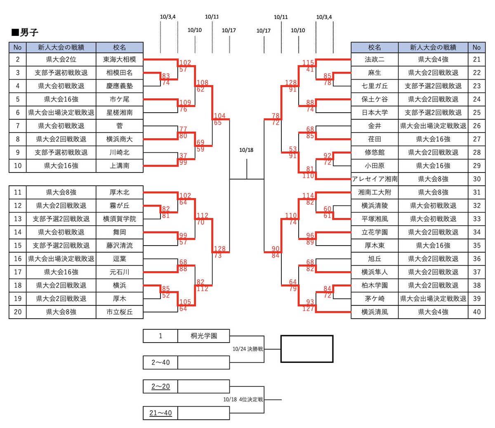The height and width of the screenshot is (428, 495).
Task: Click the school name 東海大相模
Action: [x=119, y=59]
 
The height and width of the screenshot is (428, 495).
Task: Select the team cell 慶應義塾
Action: [x=119, y=86]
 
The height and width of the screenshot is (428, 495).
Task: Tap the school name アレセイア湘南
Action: [x=375, y=179]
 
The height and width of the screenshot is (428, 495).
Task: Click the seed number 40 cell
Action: [x=476, y=312]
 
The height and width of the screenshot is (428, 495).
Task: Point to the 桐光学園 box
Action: [x=203, y=336]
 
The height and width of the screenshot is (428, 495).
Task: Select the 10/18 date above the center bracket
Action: [x=246, y=150]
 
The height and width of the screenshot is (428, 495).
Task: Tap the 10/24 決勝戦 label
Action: [x=247, y=349]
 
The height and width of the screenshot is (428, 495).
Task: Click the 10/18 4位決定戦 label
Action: [x=243, y=400]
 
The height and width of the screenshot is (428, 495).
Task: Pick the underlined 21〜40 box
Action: [x=160, y=413]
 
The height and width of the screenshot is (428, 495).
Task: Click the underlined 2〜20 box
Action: [x=160, y=387]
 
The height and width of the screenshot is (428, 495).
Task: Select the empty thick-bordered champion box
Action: [x=306, y=349]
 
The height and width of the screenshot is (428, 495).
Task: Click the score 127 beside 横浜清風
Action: [x=308, y=308]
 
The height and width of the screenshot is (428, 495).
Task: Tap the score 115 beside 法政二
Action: [x=308, y=63]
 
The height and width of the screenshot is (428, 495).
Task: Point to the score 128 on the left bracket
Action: [x=219, y=248]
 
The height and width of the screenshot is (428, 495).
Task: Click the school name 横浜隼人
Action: [x=375, y=272]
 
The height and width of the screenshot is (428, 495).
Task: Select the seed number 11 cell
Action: [x=17, y=192]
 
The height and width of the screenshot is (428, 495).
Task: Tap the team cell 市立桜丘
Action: [x=119, y=312]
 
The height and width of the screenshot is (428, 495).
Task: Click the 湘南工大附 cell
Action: [x=375, y=192]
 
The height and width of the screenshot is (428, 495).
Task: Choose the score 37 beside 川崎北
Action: [x=183, y=156]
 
